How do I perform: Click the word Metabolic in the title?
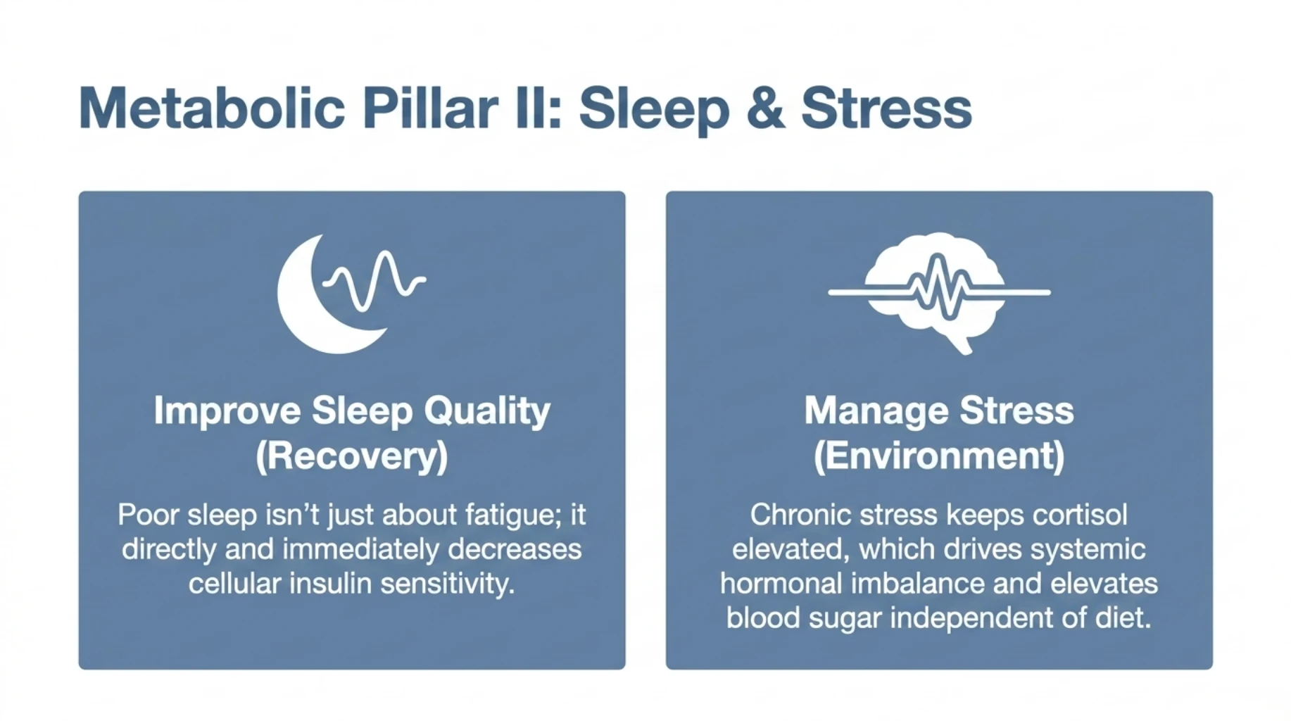point(212,108)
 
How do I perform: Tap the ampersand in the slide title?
point(765,108)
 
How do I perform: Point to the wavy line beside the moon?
point(375,281)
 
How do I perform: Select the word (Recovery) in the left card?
point(351,456)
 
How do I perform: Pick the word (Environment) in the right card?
point(939,456)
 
